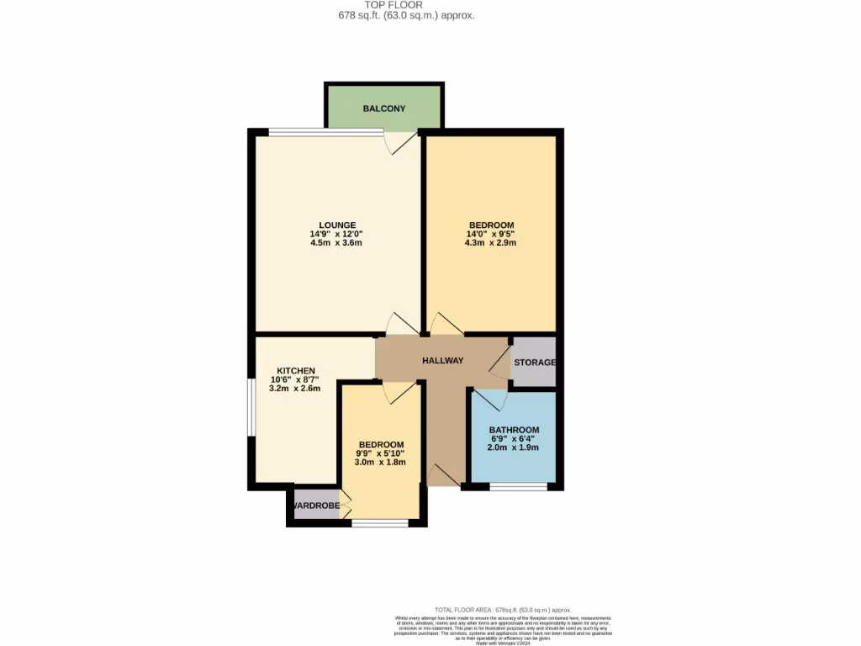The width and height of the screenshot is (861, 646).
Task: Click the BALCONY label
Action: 383,109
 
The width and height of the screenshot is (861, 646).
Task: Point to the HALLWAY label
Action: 442,361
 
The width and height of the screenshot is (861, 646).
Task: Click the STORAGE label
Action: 535,363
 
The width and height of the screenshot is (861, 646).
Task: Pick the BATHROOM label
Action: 514,430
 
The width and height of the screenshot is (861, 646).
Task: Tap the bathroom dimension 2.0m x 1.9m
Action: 514,447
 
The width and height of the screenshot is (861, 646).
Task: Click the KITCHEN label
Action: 296,371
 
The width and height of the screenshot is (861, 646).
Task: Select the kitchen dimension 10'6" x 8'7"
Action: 294,380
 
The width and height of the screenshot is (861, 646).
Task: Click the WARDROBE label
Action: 316,506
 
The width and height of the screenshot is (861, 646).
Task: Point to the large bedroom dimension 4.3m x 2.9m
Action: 491,243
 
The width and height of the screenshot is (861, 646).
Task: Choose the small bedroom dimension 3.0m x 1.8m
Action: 381,463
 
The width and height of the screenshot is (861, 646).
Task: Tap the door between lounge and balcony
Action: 400,140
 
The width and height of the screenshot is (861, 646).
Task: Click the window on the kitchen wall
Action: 251,407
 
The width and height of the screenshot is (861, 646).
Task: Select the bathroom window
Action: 519,486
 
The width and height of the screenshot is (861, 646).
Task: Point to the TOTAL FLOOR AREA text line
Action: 502,610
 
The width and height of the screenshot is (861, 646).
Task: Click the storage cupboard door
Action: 501,363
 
